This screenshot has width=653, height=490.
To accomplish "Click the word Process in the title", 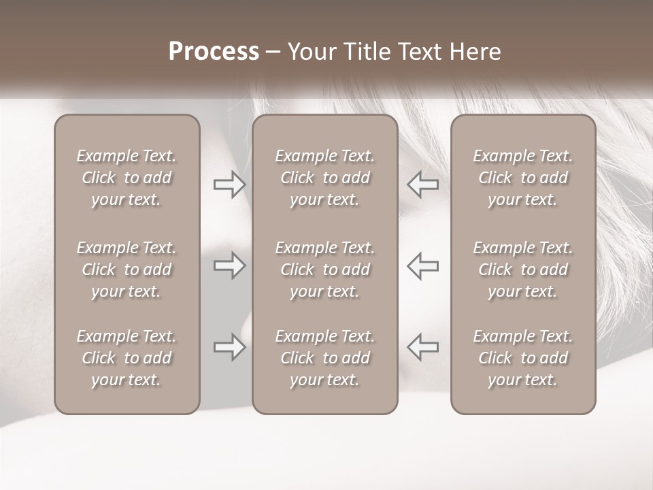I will [214, 52].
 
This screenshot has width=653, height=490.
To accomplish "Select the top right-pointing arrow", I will [229, 184].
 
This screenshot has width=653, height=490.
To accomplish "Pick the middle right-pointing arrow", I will [229, 265].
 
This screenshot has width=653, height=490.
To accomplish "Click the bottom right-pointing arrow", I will [229, 347].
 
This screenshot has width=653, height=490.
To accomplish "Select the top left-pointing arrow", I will [422, 184].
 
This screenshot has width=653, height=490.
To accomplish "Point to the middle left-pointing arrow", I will [422, 265].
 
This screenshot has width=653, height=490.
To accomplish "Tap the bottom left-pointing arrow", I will [422, 347].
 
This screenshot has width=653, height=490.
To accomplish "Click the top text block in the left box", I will [127, 178].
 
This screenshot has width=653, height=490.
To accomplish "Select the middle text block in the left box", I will [127, 269].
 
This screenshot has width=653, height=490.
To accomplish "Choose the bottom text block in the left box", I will [127, 358].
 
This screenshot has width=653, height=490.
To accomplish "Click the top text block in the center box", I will [324, 178].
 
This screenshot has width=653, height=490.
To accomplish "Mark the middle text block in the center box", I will [324, 269].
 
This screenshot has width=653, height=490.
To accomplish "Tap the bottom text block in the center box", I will [324, 358].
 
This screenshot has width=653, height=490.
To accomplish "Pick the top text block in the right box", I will [522, 178].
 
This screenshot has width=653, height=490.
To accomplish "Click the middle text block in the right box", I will [522, 269].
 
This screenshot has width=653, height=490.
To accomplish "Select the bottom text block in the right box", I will [522, 358].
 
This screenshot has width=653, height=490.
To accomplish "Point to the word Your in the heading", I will [311, 52].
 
